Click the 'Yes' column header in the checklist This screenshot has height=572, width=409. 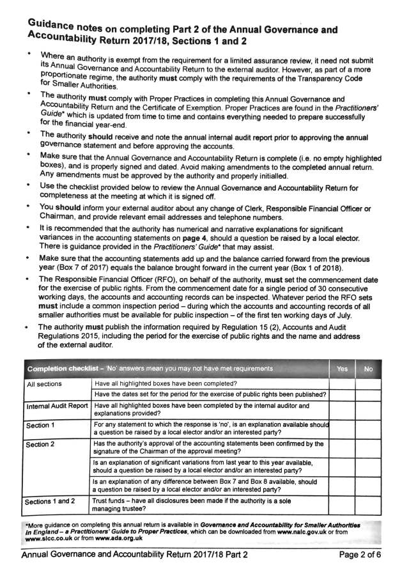[342, 368]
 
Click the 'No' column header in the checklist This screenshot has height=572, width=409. [369, 369]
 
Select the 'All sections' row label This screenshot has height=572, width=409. [44, 385]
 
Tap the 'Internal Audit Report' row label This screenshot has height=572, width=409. [57, 406]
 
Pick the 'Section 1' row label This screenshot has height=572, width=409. [40, 425]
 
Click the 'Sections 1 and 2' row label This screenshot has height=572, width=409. [50, 502]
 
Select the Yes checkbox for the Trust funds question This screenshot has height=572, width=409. [343, 506]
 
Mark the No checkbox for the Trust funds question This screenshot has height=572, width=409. [369, 506]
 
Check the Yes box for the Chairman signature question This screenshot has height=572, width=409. [343, 447]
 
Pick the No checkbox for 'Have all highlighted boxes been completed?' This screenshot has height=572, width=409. [369, 384]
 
